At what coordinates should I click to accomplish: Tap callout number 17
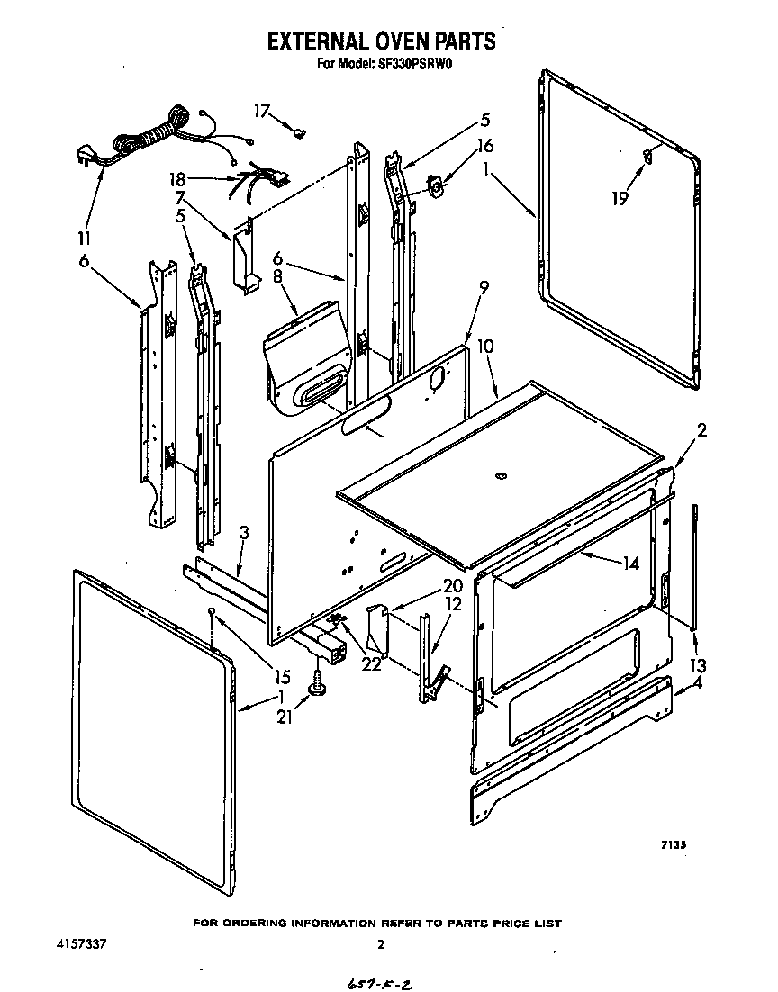[x=262, y=112]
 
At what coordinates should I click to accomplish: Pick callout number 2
[x=701, y=430]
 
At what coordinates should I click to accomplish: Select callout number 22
[x=371, y=663]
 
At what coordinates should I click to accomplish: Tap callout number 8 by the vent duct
[x=278, y=278]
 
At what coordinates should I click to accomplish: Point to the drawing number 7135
[x=674, y=844]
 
